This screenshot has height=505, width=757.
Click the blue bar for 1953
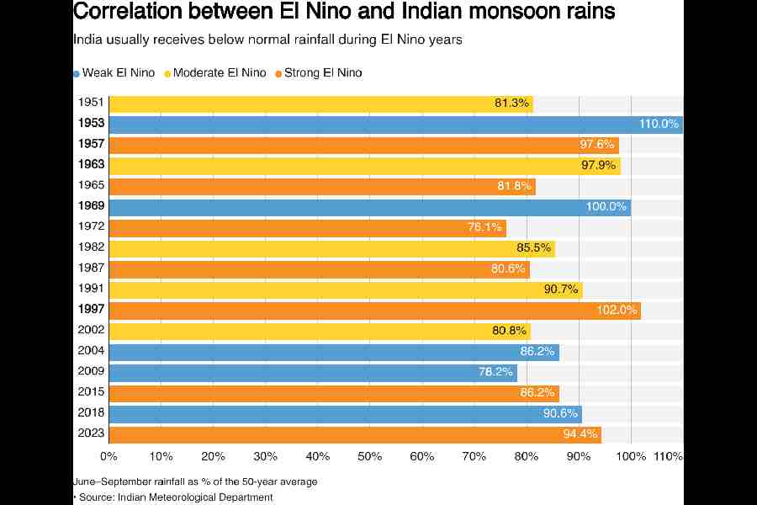pyautogui.click(x=395, y=125)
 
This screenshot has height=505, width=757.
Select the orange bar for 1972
pyautogui.click(x=308, y=227)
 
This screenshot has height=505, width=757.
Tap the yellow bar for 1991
pyautogui.click(x=346, y=290)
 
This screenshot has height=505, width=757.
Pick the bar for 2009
pyautogui.click(x=313, y=372)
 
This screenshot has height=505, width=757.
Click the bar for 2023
pyautogui.click(x=355, y=434)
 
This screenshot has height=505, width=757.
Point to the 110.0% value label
pyautogui.click(x=659, y=125)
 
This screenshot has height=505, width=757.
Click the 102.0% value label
pyautogui.click(x=618, y=311)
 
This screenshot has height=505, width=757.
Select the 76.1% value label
pyautogui.click(x=484, y=227)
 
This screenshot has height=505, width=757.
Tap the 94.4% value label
pyautogui.click(x=580, y=434)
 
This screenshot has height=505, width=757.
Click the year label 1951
pyautogui.click(x=90, y=104)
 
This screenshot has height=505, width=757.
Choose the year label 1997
pyautogui.click(x=90, y=311)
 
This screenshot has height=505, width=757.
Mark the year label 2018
pyautogui.click(x=90, y=413)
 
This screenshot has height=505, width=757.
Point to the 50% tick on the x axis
pyautogui.click(x=370, y=456)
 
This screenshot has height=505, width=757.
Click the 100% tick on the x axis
pyautogui.click(x=631, y=456)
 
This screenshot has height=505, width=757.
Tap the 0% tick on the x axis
pyautogui.click(x=109, y=456)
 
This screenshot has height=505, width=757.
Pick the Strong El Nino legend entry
pyautogui.click(x=322, y=73)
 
